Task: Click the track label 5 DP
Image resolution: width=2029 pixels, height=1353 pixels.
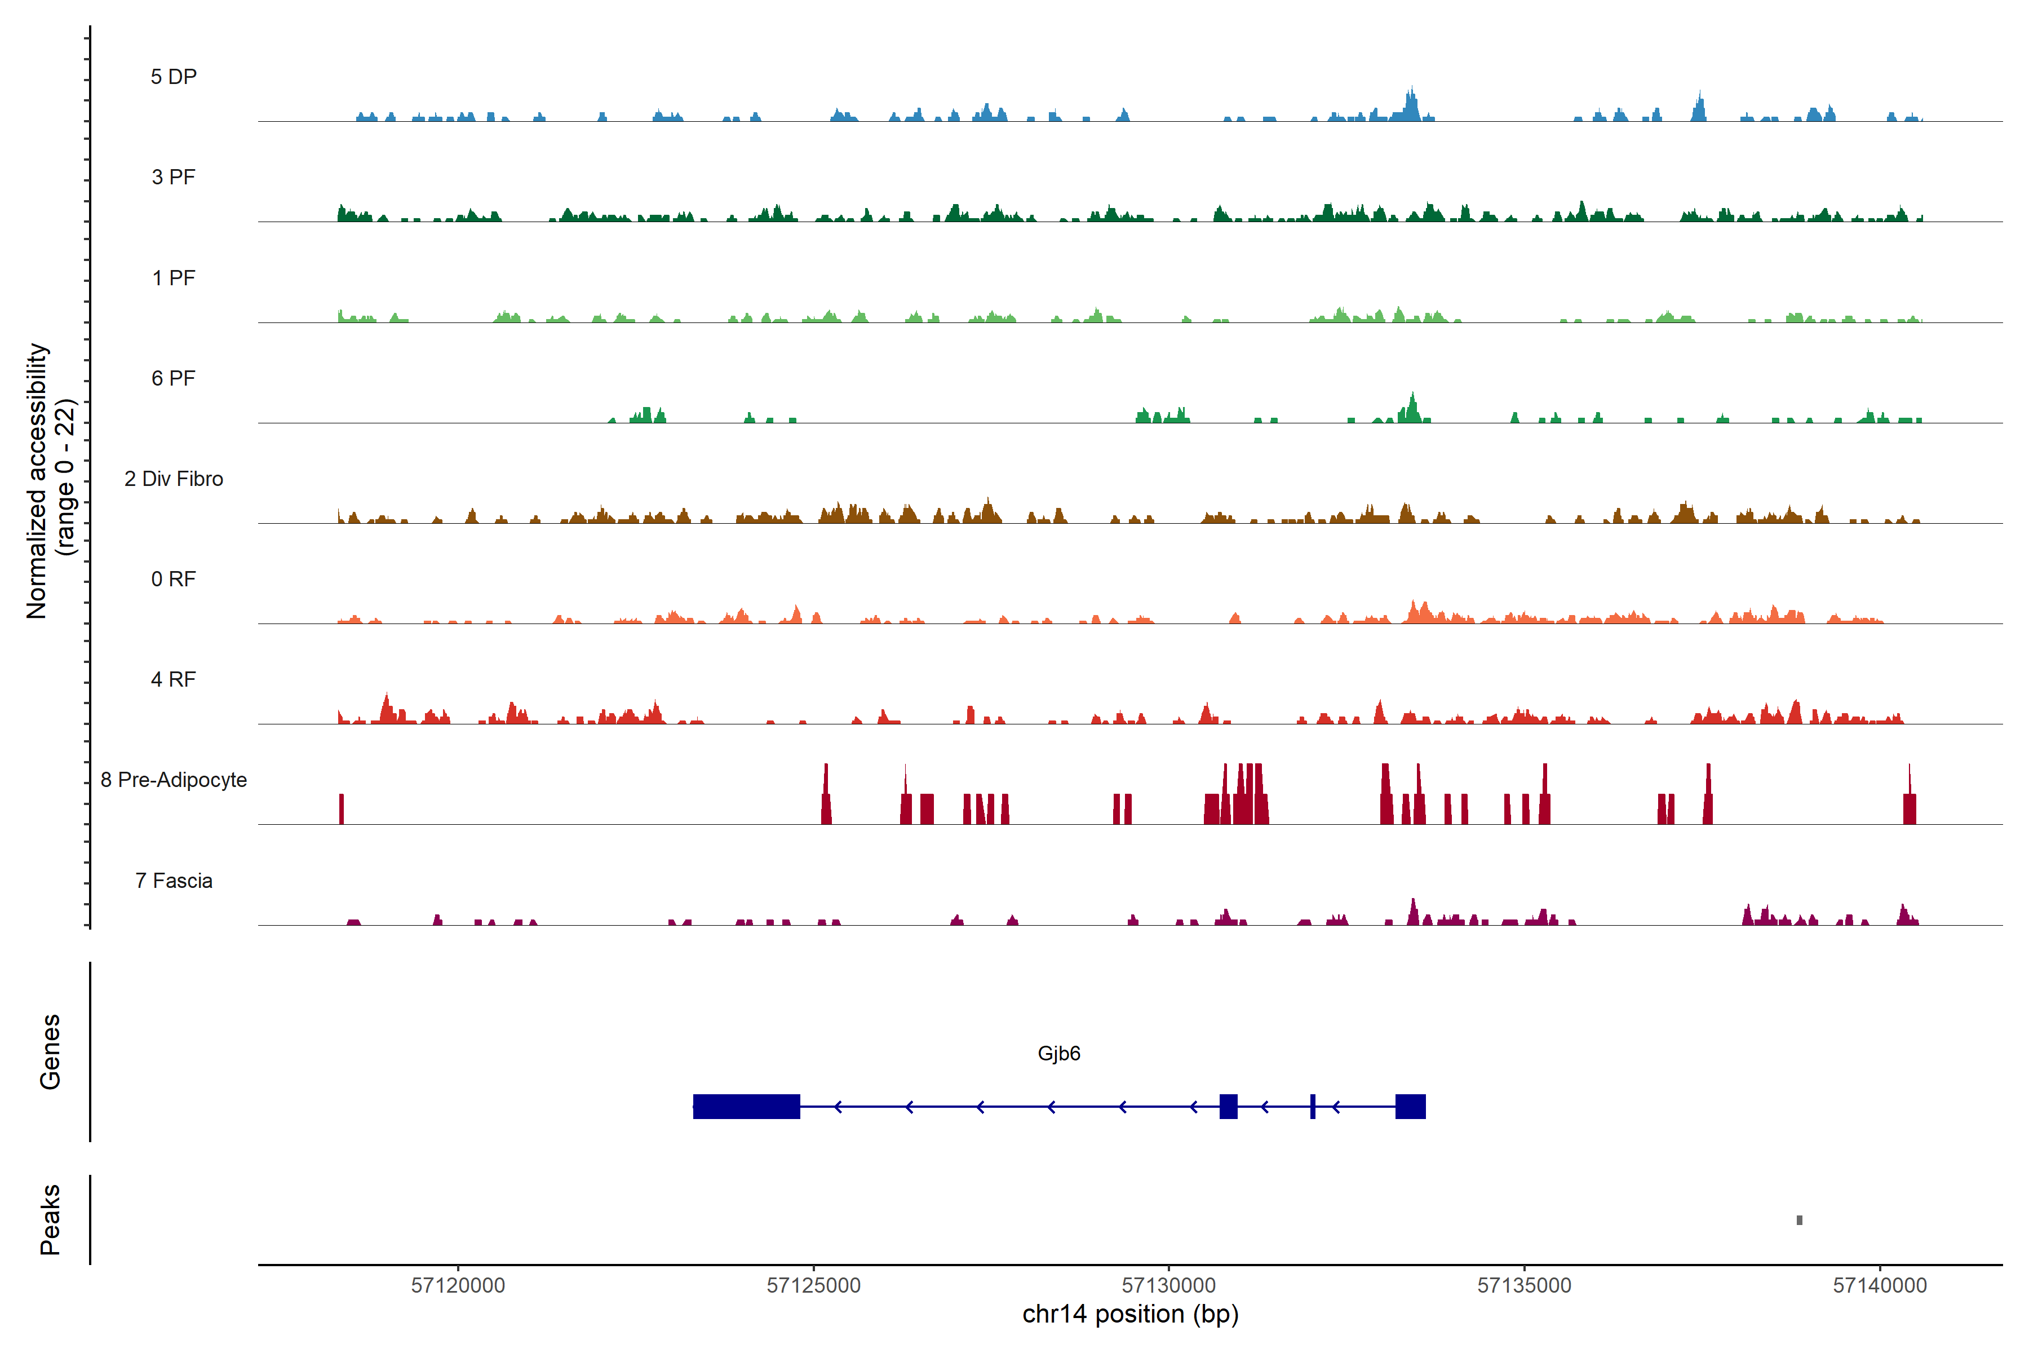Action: [x=174, y=77]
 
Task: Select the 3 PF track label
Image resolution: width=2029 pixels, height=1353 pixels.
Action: [x=174, y=177]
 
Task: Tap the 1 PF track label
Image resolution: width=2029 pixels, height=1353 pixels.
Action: [x=174, y=278]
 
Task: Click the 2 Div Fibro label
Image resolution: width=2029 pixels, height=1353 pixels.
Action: [x=174, y=479]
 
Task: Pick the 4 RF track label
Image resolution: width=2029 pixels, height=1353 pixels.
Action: [x=174, y=679]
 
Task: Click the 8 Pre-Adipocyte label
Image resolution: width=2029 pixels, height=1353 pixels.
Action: [x=174, y=780]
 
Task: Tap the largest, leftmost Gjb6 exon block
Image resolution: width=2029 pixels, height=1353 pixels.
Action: [x=746, y=1106]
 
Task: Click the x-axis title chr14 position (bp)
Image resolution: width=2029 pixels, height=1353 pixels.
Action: [x=1130, y=1314]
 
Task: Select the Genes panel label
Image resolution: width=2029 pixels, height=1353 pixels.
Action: [x=50, y=1052]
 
